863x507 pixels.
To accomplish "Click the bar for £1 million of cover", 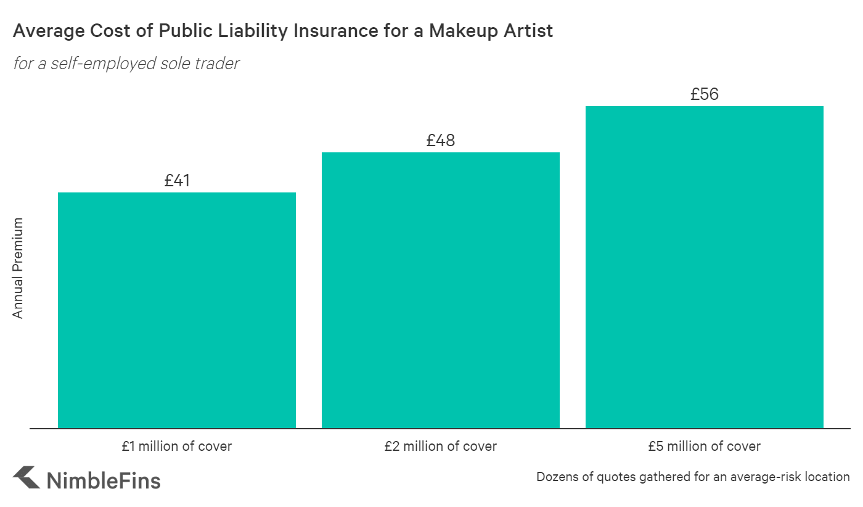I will [177, 310].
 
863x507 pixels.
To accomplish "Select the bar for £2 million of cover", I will [441, 290].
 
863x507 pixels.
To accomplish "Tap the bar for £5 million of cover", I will [705, 267].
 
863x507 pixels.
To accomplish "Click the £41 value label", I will [177, 181].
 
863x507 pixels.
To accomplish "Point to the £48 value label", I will [441, 141].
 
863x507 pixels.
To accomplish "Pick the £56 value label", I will [705, 94].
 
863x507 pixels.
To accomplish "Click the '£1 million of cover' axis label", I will [177, 446].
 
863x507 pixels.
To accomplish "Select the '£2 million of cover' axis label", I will [441, 446].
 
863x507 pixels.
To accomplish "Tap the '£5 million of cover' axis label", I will [705, 446].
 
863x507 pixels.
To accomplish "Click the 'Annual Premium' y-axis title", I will [18, 268].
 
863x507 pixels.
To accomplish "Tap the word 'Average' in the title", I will [44, 31].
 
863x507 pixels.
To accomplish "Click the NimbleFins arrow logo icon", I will [25, 477].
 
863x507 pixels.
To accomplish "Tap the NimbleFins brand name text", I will [104, 480].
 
